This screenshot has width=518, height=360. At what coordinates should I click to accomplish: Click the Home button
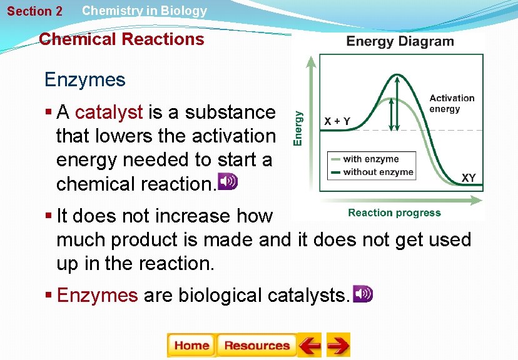(x=191, y=345)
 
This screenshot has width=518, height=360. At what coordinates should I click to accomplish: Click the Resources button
(x=256, y=345)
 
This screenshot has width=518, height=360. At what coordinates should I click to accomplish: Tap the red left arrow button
(x=309, y=345)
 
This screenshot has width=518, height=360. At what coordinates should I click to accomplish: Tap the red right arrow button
(x=338, y=345)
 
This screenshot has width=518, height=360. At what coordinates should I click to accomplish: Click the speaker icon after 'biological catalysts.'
(x=363, y=294)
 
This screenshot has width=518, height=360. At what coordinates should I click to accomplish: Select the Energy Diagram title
(x=400, y=42)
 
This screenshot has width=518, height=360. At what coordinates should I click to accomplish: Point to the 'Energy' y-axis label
(x=299, y=128)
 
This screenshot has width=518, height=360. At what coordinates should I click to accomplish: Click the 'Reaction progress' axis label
(x=394, y=213)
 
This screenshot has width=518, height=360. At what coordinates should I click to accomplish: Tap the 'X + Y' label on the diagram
(x=337, y=121)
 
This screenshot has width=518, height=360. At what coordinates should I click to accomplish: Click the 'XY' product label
(x=469, y=178)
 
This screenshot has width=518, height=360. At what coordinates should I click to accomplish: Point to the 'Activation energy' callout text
(x=452, y=103)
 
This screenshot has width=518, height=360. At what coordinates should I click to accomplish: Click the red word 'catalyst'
(x=109, y=112)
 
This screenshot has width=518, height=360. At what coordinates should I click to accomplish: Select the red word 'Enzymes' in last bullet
(x=97, y=295)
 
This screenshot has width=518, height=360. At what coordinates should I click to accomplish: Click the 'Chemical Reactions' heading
(x=121, y=39)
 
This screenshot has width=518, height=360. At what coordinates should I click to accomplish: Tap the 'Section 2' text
(x=34, y=11)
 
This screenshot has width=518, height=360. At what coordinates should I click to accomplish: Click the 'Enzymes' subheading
(x=84, y=80)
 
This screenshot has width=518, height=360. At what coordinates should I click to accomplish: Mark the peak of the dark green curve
(x=396, y=76)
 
